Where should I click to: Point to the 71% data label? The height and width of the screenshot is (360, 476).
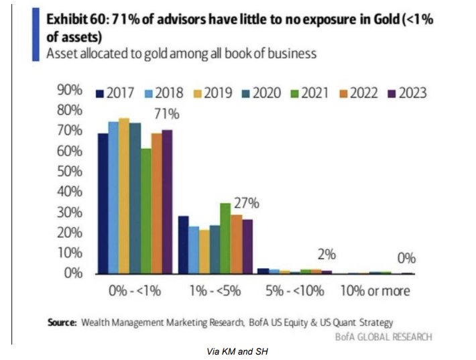click(168, 115)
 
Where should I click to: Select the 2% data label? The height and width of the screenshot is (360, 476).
click(326, 255)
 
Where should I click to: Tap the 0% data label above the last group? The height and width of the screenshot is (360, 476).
click(406, 258)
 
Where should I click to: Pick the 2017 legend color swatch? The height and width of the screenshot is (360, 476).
click(101, 93)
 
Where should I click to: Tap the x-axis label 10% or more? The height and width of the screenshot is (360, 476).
click(375, 291)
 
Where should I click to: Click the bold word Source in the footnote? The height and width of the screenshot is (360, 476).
click(63, 322)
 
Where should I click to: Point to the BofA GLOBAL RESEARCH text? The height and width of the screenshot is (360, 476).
click(383, 337)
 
